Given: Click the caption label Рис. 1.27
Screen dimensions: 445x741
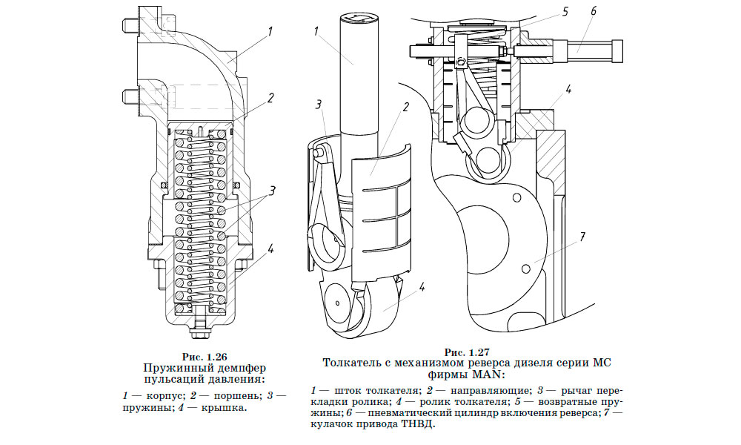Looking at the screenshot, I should pyautogui.click(x=465, y=352).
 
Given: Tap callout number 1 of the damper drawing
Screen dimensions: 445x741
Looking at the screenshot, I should pyautogui.click(x=270, y=31).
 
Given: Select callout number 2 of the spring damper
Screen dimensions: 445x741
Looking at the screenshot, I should pyautogui.click(x=271, y=97).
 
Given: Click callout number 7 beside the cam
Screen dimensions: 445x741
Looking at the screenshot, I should pyautogui.click(x=582, y=237).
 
